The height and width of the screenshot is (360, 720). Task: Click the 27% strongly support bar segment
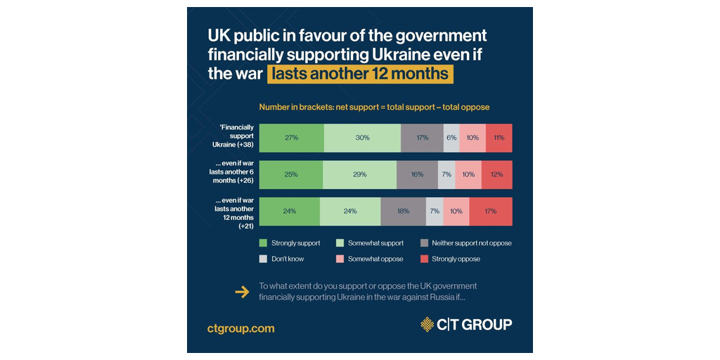point(291,138)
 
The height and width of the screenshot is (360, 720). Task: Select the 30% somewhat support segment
point(362,138)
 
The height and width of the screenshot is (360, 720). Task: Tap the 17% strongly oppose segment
point(491,211)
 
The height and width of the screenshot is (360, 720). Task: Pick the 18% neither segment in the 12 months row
point(403,211)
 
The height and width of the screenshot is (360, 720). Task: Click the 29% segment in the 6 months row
point(359,174)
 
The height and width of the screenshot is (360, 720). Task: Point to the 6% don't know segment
point(451,138)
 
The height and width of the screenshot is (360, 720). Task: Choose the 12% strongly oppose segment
point(496,174)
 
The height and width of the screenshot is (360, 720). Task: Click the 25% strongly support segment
point(291,174)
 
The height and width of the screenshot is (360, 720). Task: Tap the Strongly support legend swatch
point(264,243)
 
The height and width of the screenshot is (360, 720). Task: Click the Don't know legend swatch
point(264,259)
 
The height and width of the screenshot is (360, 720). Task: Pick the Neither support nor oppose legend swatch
point(424,243)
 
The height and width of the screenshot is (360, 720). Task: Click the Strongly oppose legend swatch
point(424,259)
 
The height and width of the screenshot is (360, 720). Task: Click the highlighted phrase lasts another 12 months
point(359,74)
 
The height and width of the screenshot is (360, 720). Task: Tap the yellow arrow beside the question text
point(242,292)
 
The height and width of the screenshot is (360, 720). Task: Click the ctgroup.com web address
point(240,328)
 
